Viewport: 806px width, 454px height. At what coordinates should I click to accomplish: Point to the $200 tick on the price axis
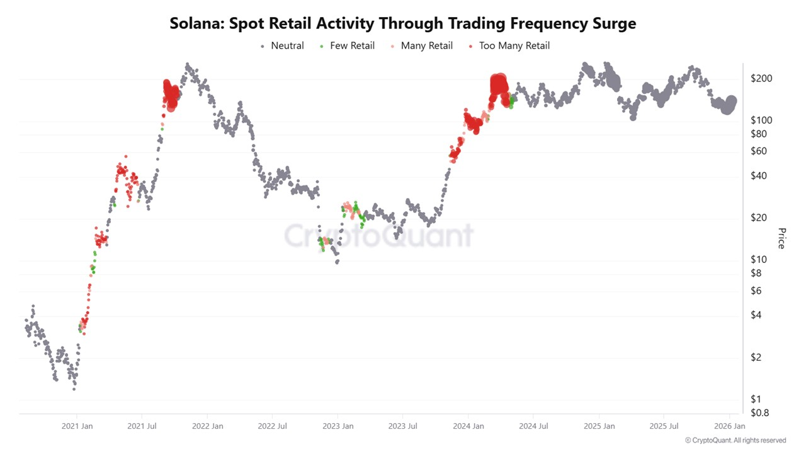[x=761, y=79]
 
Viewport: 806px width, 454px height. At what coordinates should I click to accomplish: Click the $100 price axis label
[x=761, y=120]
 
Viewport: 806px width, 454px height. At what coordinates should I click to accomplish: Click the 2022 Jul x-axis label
[x=273, y=426]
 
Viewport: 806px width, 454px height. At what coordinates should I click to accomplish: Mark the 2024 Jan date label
[x=468, y=426]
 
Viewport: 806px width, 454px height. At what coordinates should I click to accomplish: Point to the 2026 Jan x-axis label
[x=729, y=426]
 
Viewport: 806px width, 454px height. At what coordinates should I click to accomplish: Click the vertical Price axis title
[x=781, y=238]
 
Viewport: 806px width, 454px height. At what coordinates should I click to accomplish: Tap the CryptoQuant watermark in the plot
[x=378, y=235]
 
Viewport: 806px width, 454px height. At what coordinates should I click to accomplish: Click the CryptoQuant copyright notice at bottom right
[x=735, y=440]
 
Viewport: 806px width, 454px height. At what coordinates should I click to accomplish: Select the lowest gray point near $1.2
[x=74, y=389]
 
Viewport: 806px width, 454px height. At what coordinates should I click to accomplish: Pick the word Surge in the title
[x=610, y=24]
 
